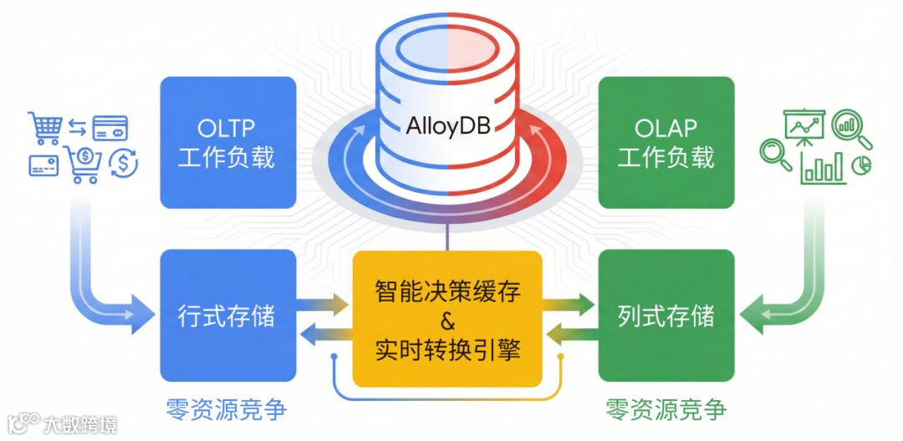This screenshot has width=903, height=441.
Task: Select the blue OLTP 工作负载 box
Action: pyautogui.click(x=227, y=142)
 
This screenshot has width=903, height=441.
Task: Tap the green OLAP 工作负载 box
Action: pyautogui.click(x=666, y=142)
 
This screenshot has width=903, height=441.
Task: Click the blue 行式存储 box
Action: pyautogui.click(x=227, y=316)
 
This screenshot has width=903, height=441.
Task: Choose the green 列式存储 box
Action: pyautogui.click(x=666, y=316)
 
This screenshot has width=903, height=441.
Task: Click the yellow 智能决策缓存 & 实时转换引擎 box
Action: pyautogui.click(x=447, y=319)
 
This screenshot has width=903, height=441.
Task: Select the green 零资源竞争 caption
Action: pyautogui.click(x=666, y=409)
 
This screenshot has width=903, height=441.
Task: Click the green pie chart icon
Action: pyautogui.click(x=860, y=166)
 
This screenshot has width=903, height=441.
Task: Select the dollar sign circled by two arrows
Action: pyautogui.click(x=124, y=163)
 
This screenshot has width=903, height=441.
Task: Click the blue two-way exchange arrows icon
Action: pyautogui.click(x=77, y=128)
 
